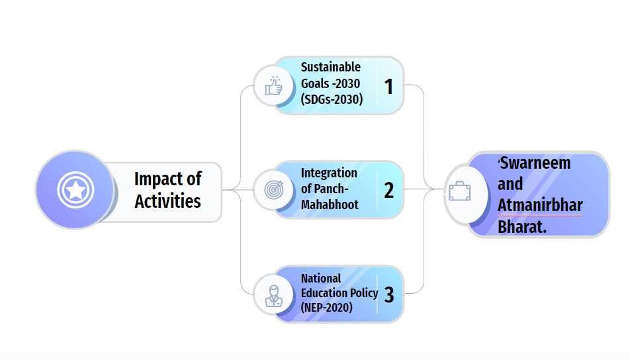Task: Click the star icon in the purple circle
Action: (x=75, y=190)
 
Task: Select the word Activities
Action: (x=167, y=201)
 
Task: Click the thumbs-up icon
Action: (x=273, y=86)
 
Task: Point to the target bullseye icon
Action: (x=273, y=190)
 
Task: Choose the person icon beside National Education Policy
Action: (x=273, y=296)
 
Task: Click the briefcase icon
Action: (x=460, y=191)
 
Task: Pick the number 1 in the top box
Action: (x=388, y=87)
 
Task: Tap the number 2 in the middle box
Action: (x=388, y=191)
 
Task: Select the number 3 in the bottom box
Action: (x=388, y=295)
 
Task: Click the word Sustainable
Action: (x=331, y=67)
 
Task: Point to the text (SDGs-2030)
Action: (x=332, y=99)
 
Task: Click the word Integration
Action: (x=329, y=173)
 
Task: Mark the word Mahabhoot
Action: (x=330, y=205)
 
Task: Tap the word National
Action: (x=320, y=279)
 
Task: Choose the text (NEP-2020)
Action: (x=327, y=308)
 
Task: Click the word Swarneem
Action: (x=535, y=163)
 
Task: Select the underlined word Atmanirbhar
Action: (x=540, y=205)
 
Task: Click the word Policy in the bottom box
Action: (x=365, y=293)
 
